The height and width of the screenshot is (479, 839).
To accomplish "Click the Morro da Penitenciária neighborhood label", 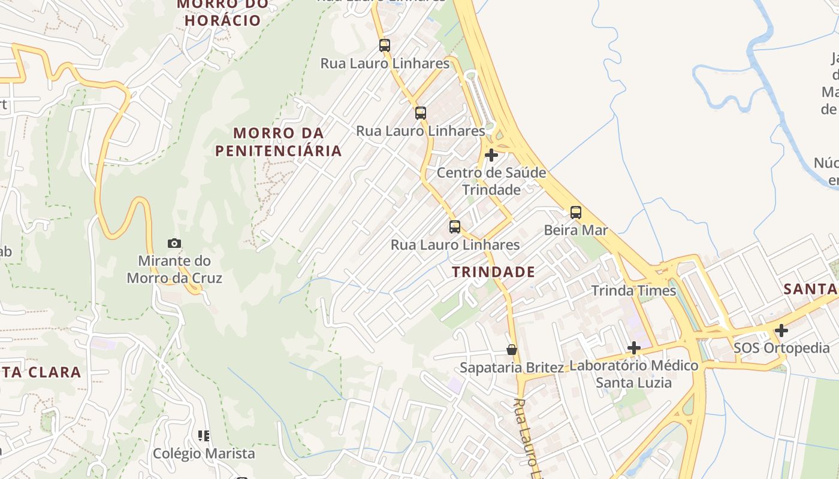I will pyautogui.click(x=279, y=141).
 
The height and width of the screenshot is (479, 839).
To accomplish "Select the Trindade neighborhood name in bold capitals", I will pyautogui.click(x=493, y=272).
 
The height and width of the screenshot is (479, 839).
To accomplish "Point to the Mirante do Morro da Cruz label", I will pyautogui.click(x=174, y=269).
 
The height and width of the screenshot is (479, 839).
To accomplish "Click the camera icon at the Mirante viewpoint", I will pyautogui.click(x=174, y=243).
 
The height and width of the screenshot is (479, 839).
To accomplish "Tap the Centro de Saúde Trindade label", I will pyautogui.click(x=491, y=181).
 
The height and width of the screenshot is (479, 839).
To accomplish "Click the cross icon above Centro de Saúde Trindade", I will pyautogui.click(x=491, y=156).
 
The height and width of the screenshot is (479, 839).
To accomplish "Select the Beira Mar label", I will pyautogui.click(x=576, y=230).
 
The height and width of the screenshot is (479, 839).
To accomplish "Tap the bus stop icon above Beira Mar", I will pyautogui.click(x=576, y=212).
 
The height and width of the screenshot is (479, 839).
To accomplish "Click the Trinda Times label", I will pyautogui.click(x=633, y=290).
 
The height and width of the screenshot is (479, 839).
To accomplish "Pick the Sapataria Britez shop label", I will pyautogui.click(x=512, y=367).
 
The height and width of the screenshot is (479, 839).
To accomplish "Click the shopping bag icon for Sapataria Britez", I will pyautogui.click(x=512, y=350).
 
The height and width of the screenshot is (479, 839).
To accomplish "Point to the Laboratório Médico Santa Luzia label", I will pyautogui.click(x=634, y=373).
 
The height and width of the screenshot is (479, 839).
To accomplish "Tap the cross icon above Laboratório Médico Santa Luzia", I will pyautogui.click(x=633, y=348).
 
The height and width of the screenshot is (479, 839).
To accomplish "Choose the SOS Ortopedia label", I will pyautogui.click(x=781, y=348).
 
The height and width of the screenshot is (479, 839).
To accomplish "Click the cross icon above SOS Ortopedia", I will pyautogui.click(x=781, y=331).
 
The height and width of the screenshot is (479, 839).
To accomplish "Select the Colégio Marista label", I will pyautogui.click(x=204, y=453).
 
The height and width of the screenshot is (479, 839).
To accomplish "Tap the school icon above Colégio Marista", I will pyautogui.click(x=204, y=436).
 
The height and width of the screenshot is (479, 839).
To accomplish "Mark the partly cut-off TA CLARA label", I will pyautogui.click(x=40, y=372).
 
